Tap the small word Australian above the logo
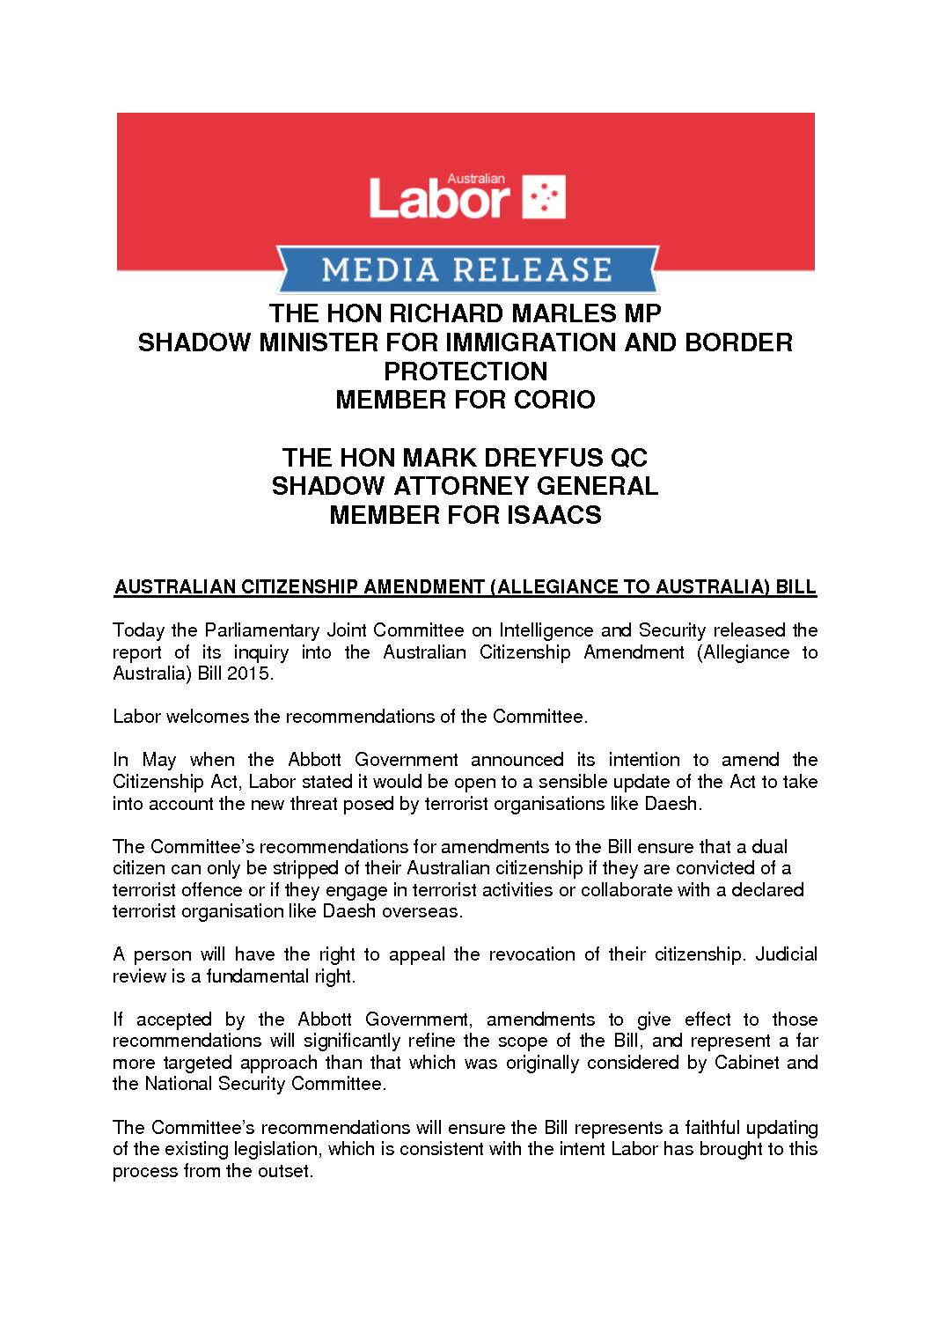(x=476, y=179)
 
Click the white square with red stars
(x=545, y=196)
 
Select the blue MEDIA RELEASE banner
(x=466, y=269)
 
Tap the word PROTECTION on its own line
(x=465, y=371)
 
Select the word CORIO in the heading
(x=555, y=400)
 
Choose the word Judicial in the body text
(x=787, y=954)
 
